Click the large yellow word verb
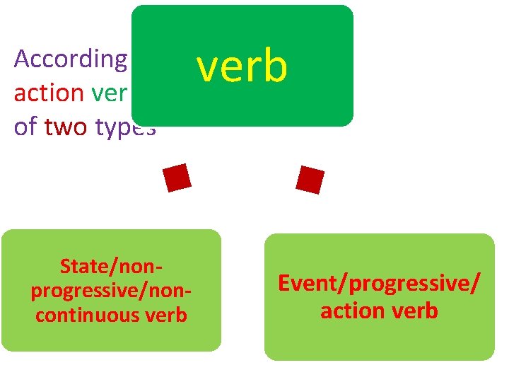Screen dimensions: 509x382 tap(242, 66)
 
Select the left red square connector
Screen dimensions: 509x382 tap(177, 178)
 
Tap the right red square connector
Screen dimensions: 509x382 tap(310, 180)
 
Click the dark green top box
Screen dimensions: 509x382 tap(242, 28)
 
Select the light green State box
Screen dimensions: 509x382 tap(111, 336)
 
